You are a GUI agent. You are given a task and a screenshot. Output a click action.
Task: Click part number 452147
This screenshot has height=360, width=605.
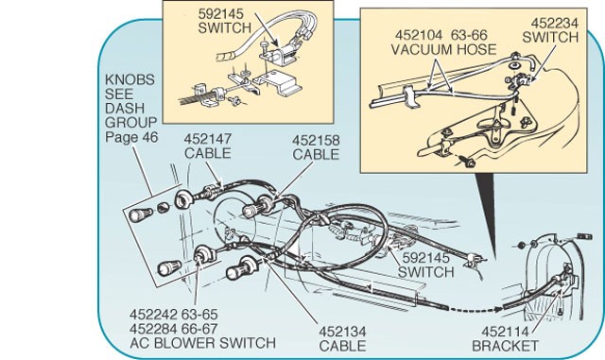pos(208,139)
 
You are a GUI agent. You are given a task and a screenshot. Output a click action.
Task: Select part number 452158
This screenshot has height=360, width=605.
pos(316,140)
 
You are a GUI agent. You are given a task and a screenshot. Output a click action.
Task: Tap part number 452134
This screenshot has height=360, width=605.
pos(342,332)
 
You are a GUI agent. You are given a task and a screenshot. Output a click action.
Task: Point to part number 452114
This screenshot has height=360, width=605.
pos(505,332)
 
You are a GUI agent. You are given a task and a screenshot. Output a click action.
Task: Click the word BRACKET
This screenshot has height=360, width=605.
pos(505,346)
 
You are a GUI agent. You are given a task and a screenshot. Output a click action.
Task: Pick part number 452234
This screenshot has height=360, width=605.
pos(555,24)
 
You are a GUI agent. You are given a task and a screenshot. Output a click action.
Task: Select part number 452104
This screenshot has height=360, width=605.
pos(419,35)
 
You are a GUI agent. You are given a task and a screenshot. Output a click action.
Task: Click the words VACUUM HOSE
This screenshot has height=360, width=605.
pos(443,50)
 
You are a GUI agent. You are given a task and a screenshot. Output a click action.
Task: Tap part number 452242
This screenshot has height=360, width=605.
pos(153,315)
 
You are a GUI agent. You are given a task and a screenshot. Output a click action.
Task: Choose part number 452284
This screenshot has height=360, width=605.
pos(153,329)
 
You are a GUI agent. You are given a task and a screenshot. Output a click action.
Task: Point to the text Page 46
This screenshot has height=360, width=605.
pos(131,137)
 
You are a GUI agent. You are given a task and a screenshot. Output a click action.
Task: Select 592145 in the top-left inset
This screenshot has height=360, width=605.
pos(221,14)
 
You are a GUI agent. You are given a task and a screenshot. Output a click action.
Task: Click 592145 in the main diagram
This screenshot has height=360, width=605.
pos(426,257)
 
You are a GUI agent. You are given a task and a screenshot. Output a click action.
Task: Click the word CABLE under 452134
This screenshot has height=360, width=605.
pos(342,346)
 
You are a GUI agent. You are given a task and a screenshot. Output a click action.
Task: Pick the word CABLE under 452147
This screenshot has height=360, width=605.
pos(208,154)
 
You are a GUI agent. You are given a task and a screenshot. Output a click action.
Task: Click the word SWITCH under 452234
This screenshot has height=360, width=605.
pos(550,38)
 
